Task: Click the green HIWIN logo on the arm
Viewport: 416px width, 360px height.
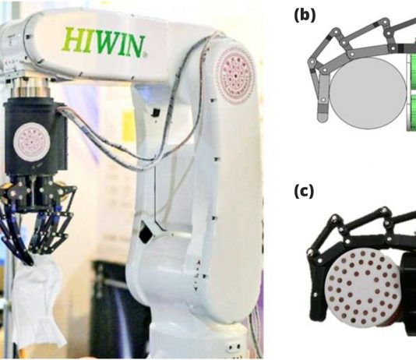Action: click(104, 43)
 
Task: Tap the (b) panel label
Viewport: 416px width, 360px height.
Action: click(305, 16)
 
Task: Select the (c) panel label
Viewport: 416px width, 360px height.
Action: click(304, 191)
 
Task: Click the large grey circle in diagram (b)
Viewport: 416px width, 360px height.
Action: click(368, 94)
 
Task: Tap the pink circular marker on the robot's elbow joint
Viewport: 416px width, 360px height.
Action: click(236, 75)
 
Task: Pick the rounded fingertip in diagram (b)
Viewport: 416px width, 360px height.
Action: click(323, 118)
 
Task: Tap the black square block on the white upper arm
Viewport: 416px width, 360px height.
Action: click(155, 112)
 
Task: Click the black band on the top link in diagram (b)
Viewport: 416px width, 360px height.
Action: click(376, 25)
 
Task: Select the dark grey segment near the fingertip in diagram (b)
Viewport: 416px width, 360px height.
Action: click(323, 108)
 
